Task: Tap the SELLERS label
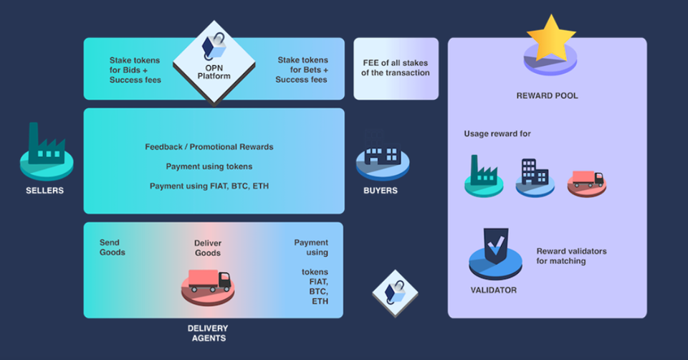coord(44,191)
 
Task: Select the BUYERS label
coord(381,191)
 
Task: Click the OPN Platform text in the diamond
coord(214,72)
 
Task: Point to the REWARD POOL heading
coord(547,95)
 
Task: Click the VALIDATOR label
coord(494,290)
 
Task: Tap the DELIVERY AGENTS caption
coord(208,333)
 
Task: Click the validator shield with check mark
coord(496,246)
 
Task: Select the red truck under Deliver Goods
coord(209,281)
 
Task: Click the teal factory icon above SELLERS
coord(47,144)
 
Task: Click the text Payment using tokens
coord(209,166)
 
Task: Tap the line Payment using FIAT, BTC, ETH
coord(209,186)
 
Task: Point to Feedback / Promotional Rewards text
coord(209,146)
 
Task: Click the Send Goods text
coord(113,247)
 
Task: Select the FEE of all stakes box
coord(396,69)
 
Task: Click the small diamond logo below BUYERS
coord(395,293)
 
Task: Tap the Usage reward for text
coord(497,133)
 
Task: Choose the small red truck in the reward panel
coord(588,179)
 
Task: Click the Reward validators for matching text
coord(571,256)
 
